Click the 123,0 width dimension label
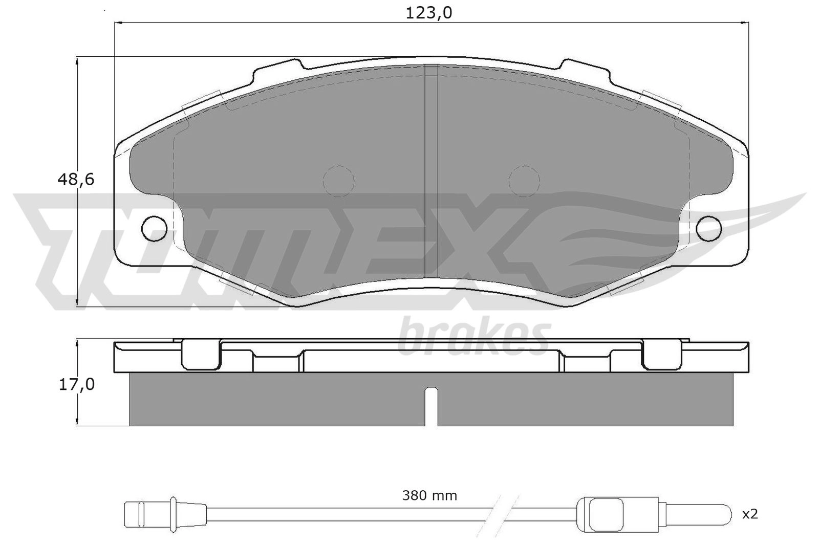pyautogui.click(x=429, y=13)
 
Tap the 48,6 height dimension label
pyautogui.click(x=76, y=180)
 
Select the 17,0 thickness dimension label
pyautogui.click(x=77, y=385)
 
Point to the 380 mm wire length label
pyautogui.click(x=429, y=495)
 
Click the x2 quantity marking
pyautogui.click(x=750, y=515)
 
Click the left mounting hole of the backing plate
pyautogui.click(x=154, y=229)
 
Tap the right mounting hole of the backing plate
pyautogui.click(x=709, y=229)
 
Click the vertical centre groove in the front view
pyautogui.click(x=431, y=176)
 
